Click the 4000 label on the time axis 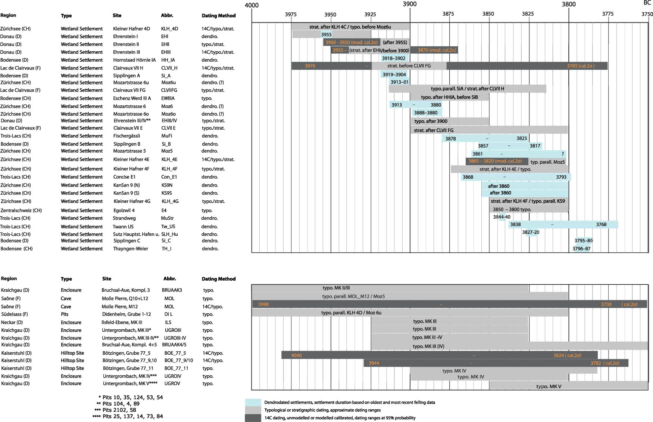(251, 5)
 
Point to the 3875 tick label (448, 14)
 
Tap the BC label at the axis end (647, 3)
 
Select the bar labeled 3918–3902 (394, 58)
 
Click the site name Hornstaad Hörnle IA (134, 60)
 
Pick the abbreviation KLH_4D (169, 29)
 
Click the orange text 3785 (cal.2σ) (580, 66)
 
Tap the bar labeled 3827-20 (531, 232)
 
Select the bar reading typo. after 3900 (450, 121)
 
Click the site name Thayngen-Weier (131, 249)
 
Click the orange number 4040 (296, 355)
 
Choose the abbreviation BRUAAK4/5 (174, 345)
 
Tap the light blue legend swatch (253, 403)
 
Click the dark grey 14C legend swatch (253, 418)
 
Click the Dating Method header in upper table (219, 16)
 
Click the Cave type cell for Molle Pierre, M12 (66, 307)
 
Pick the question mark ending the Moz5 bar (563, 154)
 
